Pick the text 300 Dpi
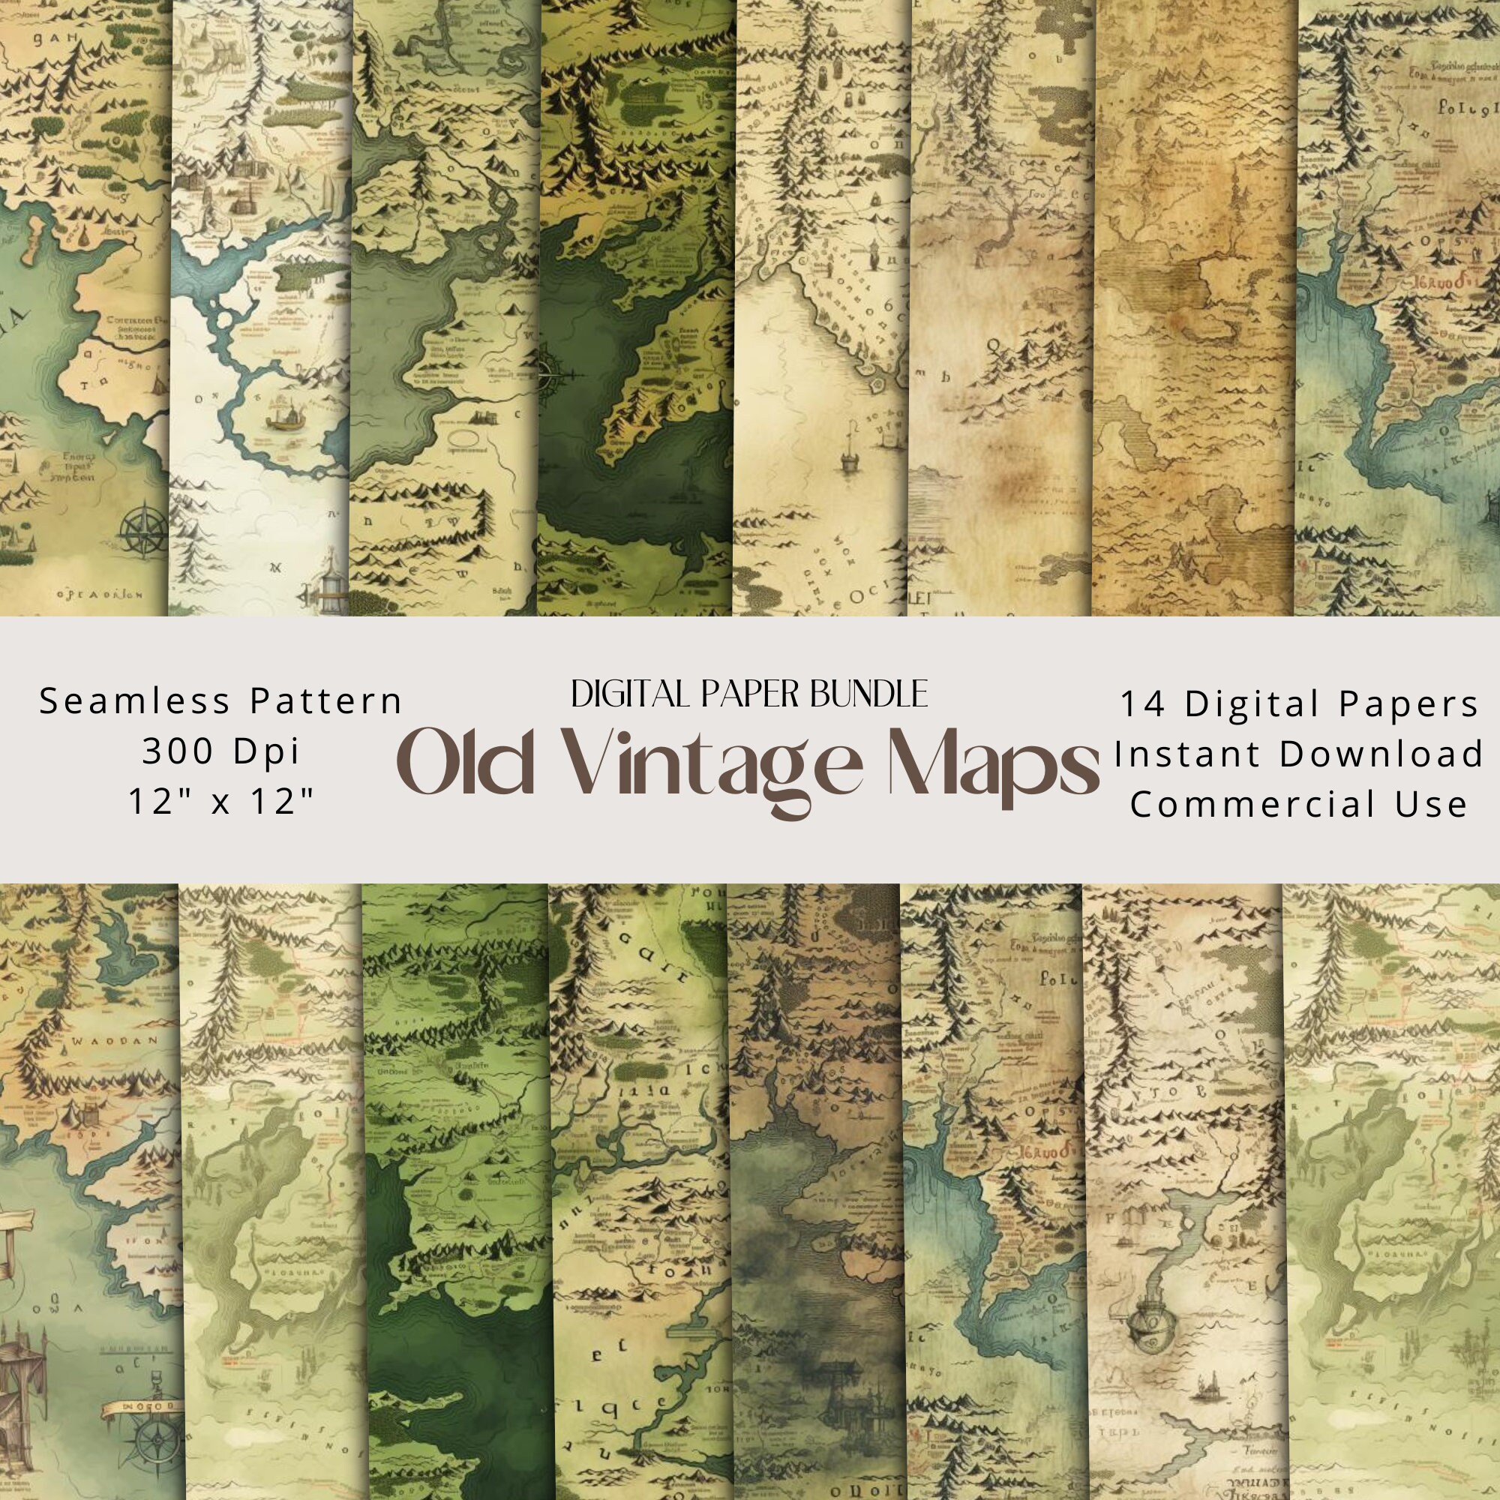tap(220, 751)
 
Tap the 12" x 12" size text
tap(220, 801)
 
